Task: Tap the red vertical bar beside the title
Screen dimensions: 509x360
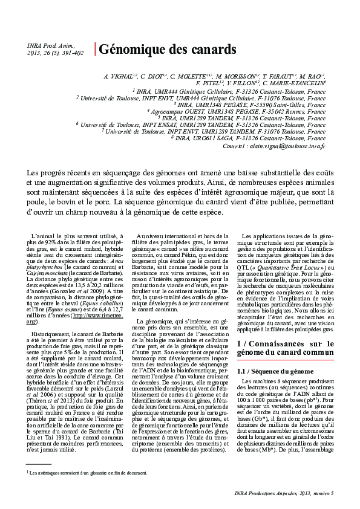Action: [94, 49]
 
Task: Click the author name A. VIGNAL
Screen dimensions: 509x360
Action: [119, 77]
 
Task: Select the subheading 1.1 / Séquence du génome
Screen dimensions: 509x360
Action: [272, 371]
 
